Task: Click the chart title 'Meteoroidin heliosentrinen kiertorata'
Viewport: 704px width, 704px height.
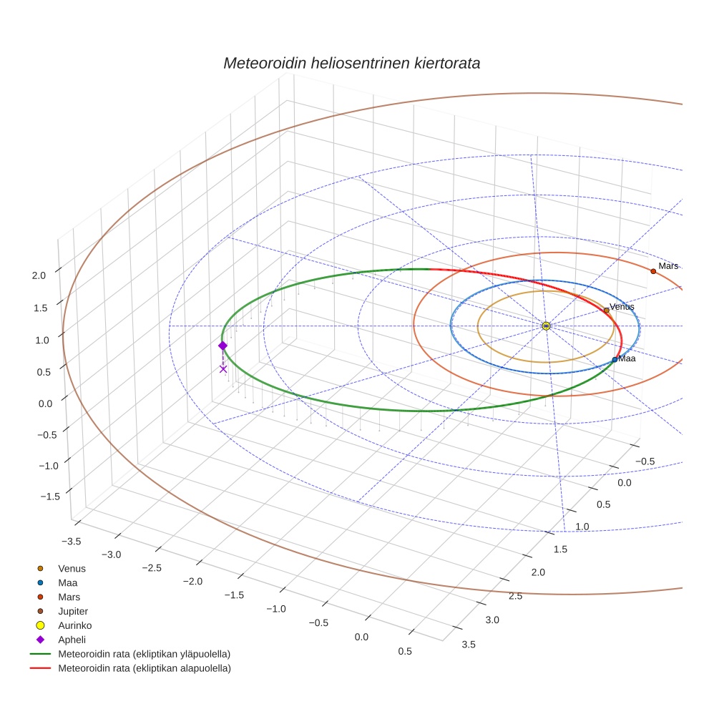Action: point(351,63)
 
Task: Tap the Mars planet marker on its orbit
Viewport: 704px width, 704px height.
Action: point(653,271)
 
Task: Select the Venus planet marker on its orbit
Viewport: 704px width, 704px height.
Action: point(607,310)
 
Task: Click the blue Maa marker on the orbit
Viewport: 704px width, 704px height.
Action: point(615,359)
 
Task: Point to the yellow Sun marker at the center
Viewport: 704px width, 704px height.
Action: point(546,326)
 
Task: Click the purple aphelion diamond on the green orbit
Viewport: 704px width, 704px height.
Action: point(223,346)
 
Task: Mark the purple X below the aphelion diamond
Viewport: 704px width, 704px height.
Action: point(223,369)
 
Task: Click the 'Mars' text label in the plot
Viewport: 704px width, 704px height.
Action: point(668,266)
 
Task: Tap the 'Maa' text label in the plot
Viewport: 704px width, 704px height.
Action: point(627,358)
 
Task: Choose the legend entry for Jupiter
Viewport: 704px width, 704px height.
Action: point(73,611)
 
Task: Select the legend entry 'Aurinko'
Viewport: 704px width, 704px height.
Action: point(74,625)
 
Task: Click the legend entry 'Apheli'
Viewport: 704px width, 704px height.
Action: point(72,640)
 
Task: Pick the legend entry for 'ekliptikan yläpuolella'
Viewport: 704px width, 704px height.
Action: point(144,654)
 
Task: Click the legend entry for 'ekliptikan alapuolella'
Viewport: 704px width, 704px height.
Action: point(144,668)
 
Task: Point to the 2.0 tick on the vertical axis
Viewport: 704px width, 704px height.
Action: point(39,275)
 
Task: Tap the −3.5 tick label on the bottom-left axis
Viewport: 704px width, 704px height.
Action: point(70,541)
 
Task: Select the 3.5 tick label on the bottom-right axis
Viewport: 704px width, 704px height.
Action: point(469,644)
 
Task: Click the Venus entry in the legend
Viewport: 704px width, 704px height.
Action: point(72,568)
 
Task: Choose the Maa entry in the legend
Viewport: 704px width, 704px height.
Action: point(68,582)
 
